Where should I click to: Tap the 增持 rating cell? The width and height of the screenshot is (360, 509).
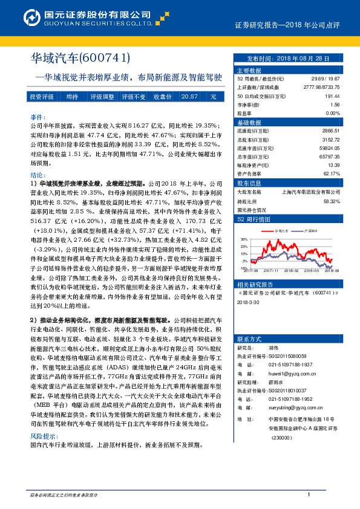pos(71,97)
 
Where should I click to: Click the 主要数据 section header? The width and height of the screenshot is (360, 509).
pos(249,70)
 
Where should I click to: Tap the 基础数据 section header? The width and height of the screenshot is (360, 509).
pos(249,122)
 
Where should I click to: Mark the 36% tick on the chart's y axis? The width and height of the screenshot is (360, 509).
pos(243,239)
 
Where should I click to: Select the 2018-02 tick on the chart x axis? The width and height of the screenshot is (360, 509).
pos(292,271)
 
